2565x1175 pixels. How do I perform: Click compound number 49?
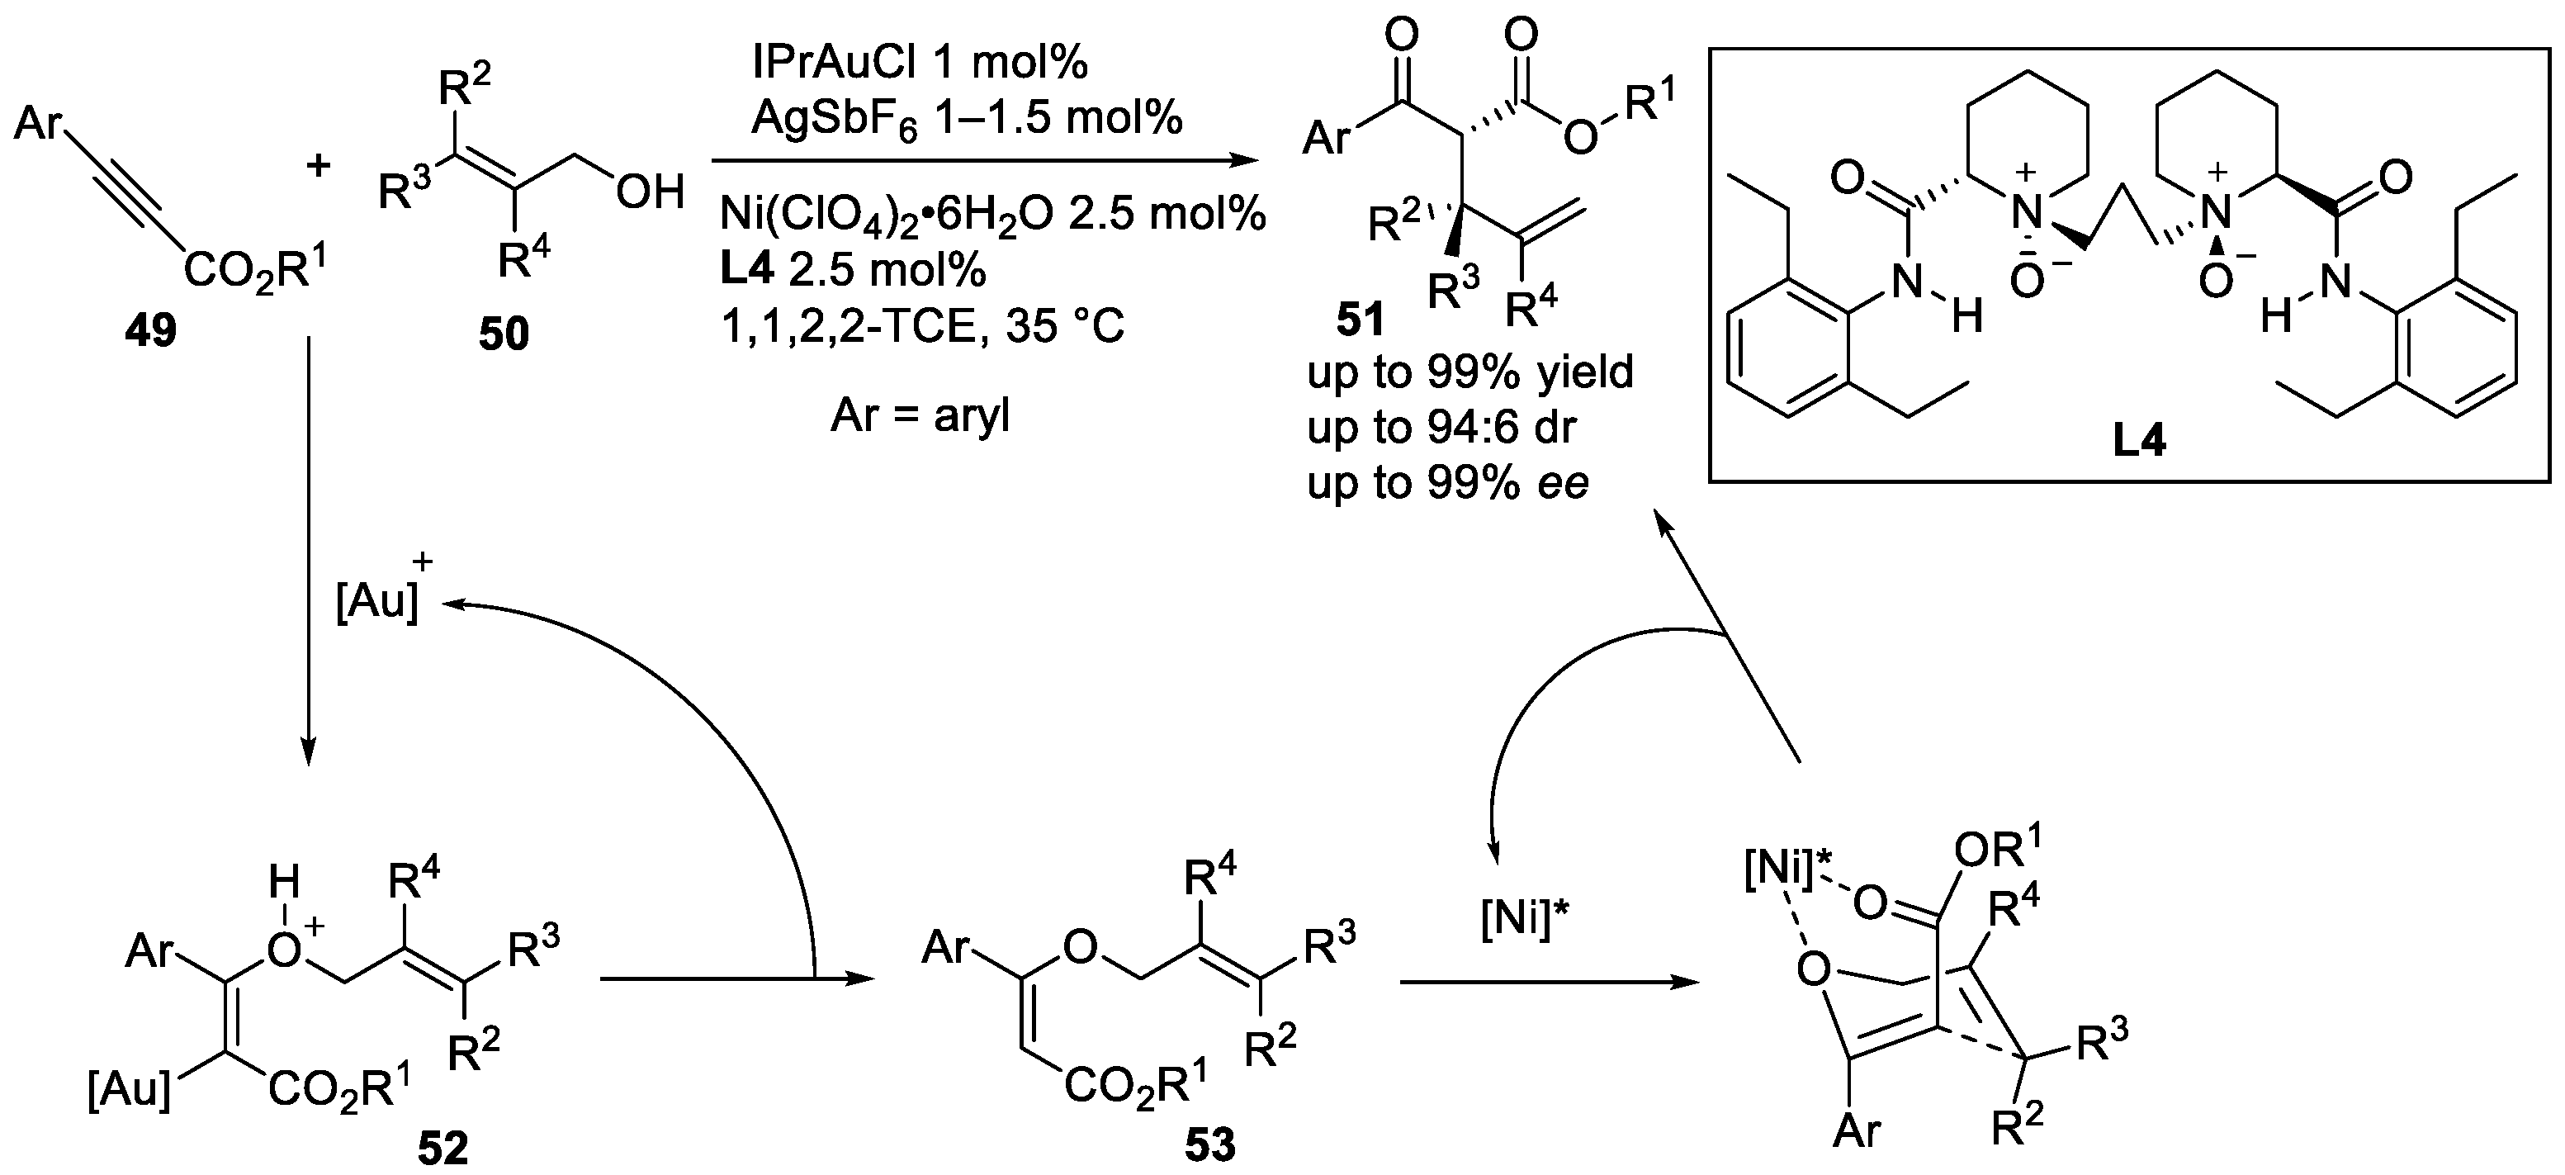[x=150, y=329]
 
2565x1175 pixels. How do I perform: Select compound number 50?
[x=503, y=334]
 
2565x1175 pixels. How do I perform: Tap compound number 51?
[x=1361, y=320]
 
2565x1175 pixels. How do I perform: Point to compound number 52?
[x=442, y=1148]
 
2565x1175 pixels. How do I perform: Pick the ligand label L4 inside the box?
[x=2139, y=440]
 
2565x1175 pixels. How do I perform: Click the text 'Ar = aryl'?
[x=920, y=415]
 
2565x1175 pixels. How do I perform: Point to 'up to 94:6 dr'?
[x=1441, y=427]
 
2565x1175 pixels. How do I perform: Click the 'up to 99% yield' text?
[x=1469, y=372]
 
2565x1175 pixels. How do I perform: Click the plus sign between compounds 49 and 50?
[x=318, y=165]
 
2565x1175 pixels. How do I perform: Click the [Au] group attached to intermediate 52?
[x=130, y=1092]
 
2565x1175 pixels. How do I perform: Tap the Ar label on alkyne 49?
[x=39, y=126]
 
